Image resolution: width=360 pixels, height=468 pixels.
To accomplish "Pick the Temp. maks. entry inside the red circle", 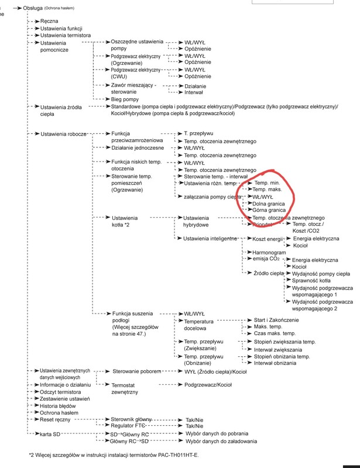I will [x=268, y=190].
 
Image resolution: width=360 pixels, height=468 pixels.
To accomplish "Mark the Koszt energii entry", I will [x=267, y=239].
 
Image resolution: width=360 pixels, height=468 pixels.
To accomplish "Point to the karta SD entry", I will [x=53, y=434].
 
